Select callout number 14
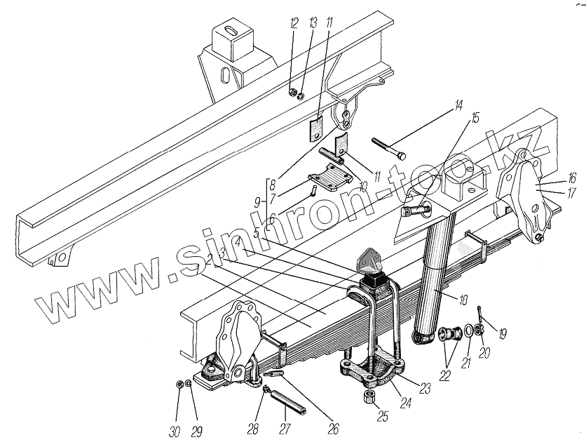(x=458, y=107)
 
